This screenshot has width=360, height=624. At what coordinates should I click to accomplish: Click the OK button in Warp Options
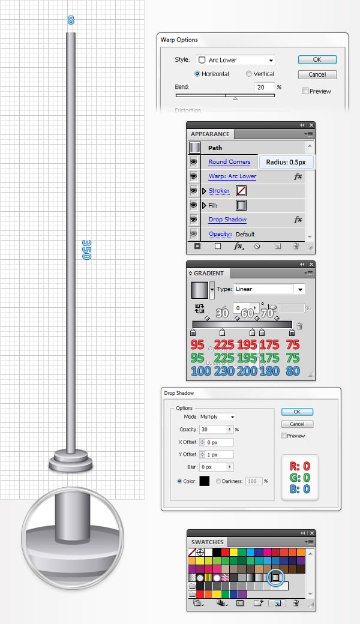317,60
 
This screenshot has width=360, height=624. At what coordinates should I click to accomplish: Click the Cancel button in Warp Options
317,75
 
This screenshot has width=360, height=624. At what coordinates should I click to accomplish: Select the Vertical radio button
249,74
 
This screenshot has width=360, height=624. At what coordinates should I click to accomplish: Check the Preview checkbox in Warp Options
305,91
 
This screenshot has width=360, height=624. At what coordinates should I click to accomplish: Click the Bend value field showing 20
263,88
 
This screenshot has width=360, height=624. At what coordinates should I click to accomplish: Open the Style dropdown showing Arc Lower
235,60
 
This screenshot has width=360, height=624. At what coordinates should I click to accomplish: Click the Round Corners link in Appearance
229,162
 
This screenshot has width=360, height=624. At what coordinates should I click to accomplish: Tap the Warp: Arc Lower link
232,176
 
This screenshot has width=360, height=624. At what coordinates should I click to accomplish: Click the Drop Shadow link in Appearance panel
227,220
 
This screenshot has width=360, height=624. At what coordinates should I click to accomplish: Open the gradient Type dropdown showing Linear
269,289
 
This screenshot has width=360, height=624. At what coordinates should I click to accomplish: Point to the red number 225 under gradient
224,344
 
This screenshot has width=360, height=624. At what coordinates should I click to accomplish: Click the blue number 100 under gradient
197,371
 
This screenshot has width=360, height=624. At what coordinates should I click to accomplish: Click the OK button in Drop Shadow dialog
297,412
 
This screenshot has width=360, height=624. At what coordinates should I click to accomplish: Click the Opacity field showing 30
216,430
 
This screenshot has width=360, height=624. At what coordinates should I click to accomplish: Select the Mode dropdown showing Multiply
217,417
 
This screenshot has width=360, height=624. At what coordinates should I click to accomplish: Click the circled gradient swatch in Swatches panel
275,577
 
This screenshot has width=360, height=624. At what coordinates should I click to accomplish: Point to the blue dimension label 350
86,249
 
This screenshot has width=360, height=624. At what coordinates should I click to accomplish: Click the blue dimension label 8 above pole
71,20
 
